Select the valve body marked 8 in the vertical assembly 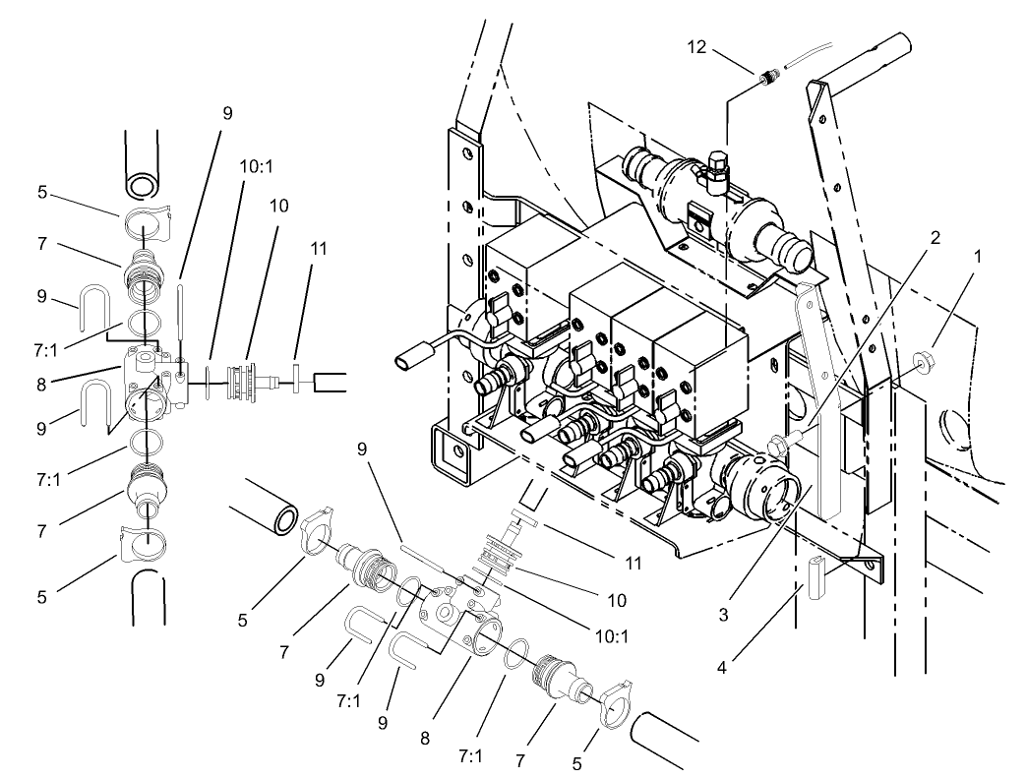tap(152, 376)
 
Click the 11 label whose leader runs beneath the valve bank tap(633, 564)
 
